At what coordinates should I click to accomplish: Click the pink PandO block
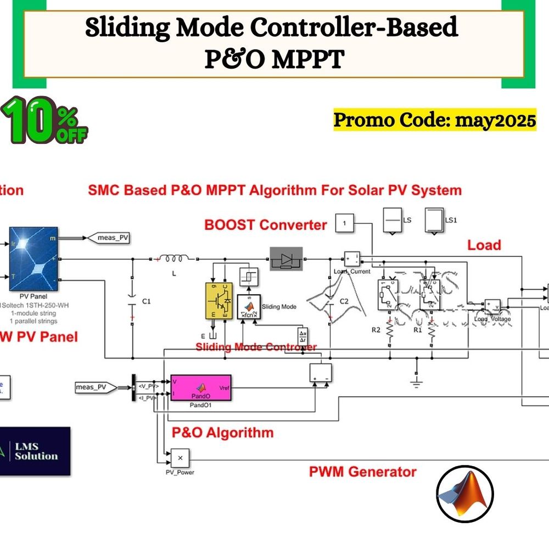pyautogui.click(x=201, y=388)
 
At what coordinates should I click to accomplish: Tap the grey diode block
pyautogui.click(x=285, y=259)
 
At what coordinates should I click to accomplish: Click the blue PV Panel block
pyautogui.click(x=31, y=259)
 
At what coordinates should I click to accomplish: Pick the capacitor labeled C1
pyautogui.click(x=132, y=301)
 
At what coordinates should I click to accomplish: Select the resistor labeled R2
pyautogui.click(x=389, y=330)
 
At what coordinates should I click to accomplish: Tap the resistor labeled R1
pyautogui.click(x=432, y=330)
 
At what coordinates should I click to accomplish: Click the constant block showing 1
pyautogui.click(x=345, y=223)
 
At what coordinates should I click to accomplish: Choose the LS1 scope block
pyautogui.click(x=435, y=220)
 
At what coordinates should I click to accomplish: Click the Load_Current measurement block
pyautogui.click(x=351, y=259)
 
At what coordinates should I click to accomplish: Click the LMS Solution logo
pyautogui.click(x=35, y=451)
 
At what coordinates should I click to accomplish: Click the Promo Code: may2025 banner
pyautogui.click(x=435, y=120)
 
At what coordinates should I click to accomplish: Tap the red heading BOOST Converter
pyautogui.click(x=265, y=225)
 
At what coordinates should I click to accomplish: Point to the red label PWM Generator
pyautogui.click(x=363, y=472)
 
